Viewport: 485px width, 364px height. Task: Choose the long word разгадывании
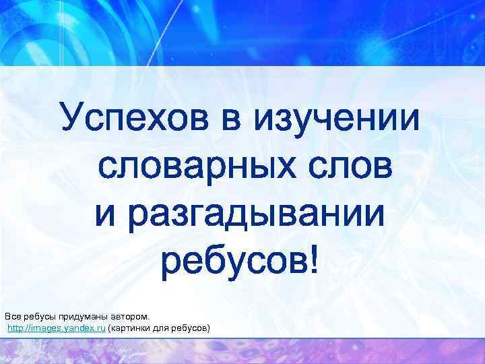coord(259,211)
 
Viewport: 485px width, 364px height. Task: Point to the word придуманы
coord(84,316)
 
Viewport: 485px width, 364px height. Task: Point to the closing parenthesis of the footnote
coord(209,328)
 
